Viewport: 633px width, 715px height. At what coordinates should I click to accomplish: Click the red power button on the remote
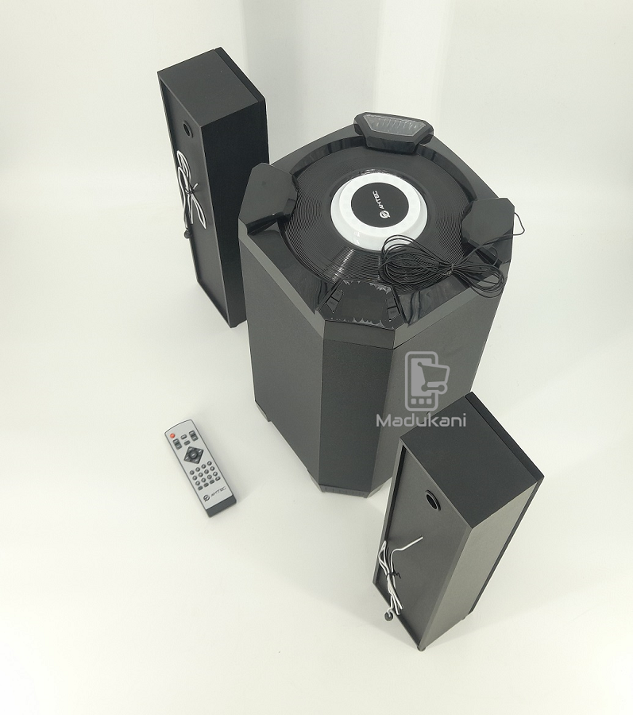(x=172, y=436)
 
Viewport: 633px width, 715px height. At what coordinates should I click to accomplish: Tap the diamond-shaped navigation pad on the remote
(x=191, y=455)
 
